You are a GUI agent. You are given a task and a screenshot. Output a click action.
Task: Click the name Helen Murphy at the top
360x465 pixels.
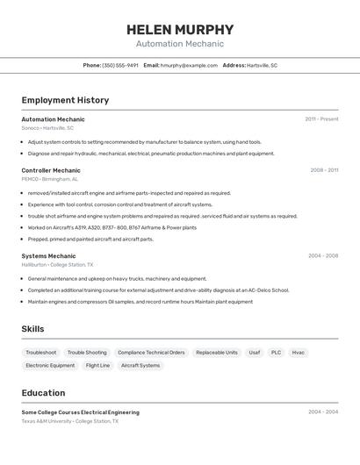(179, 29)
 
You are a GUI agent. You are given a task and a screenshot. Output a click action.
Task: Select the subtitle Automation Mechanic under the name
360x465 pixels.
(179, 44)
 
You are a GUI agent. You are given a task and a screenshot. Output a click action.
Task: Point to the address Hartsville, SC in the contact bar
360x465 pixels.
(262, 65)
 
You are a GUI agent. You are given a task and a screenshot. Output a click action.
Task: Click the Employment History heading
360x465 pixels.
(65, 100)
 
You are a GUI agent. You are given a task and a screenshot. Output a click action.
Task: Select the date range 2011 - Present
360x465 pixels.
(321, 119)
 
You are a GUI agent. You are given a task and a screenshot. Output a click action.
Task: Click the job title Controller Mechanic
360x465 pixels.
(51, 170)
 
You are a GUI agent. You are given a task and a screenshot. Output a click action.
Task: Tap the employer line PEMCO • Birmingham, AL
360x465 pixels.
(49, 179)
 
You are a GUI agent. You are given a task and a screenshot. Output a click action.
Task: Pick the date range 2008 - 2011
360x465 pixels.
(324, 170)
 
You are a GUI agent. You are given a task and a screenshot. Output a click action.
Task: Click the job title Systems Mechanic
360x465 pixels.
(48, 256)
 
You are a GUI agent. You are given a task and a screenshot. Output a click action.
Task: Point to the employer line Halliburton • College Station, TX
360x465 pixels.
(57, 265)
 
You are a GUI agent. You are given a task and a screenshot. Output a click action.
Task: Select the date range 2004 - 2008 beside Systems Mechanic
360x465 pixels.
(323, 256)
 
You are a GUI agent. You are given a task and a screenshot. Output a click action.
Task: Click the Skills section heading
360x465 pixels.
(32, 329)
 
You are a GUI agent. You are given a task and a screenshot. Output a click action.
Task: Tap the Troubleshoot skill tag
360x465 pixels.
(41, 353)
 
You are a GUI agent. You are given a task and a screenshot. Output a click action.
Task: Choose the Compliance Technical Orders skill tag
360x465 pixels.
(151, 353)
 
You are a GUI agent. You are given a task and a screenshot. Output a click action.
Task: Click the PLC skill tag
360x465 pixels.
(276, 353)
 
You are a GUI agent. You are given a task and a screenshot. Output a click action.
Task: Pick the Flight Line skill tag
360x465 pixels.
(97, 366)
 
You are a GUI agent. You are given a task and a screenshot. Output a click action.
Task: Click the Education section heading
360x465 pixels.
(43, 393)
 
